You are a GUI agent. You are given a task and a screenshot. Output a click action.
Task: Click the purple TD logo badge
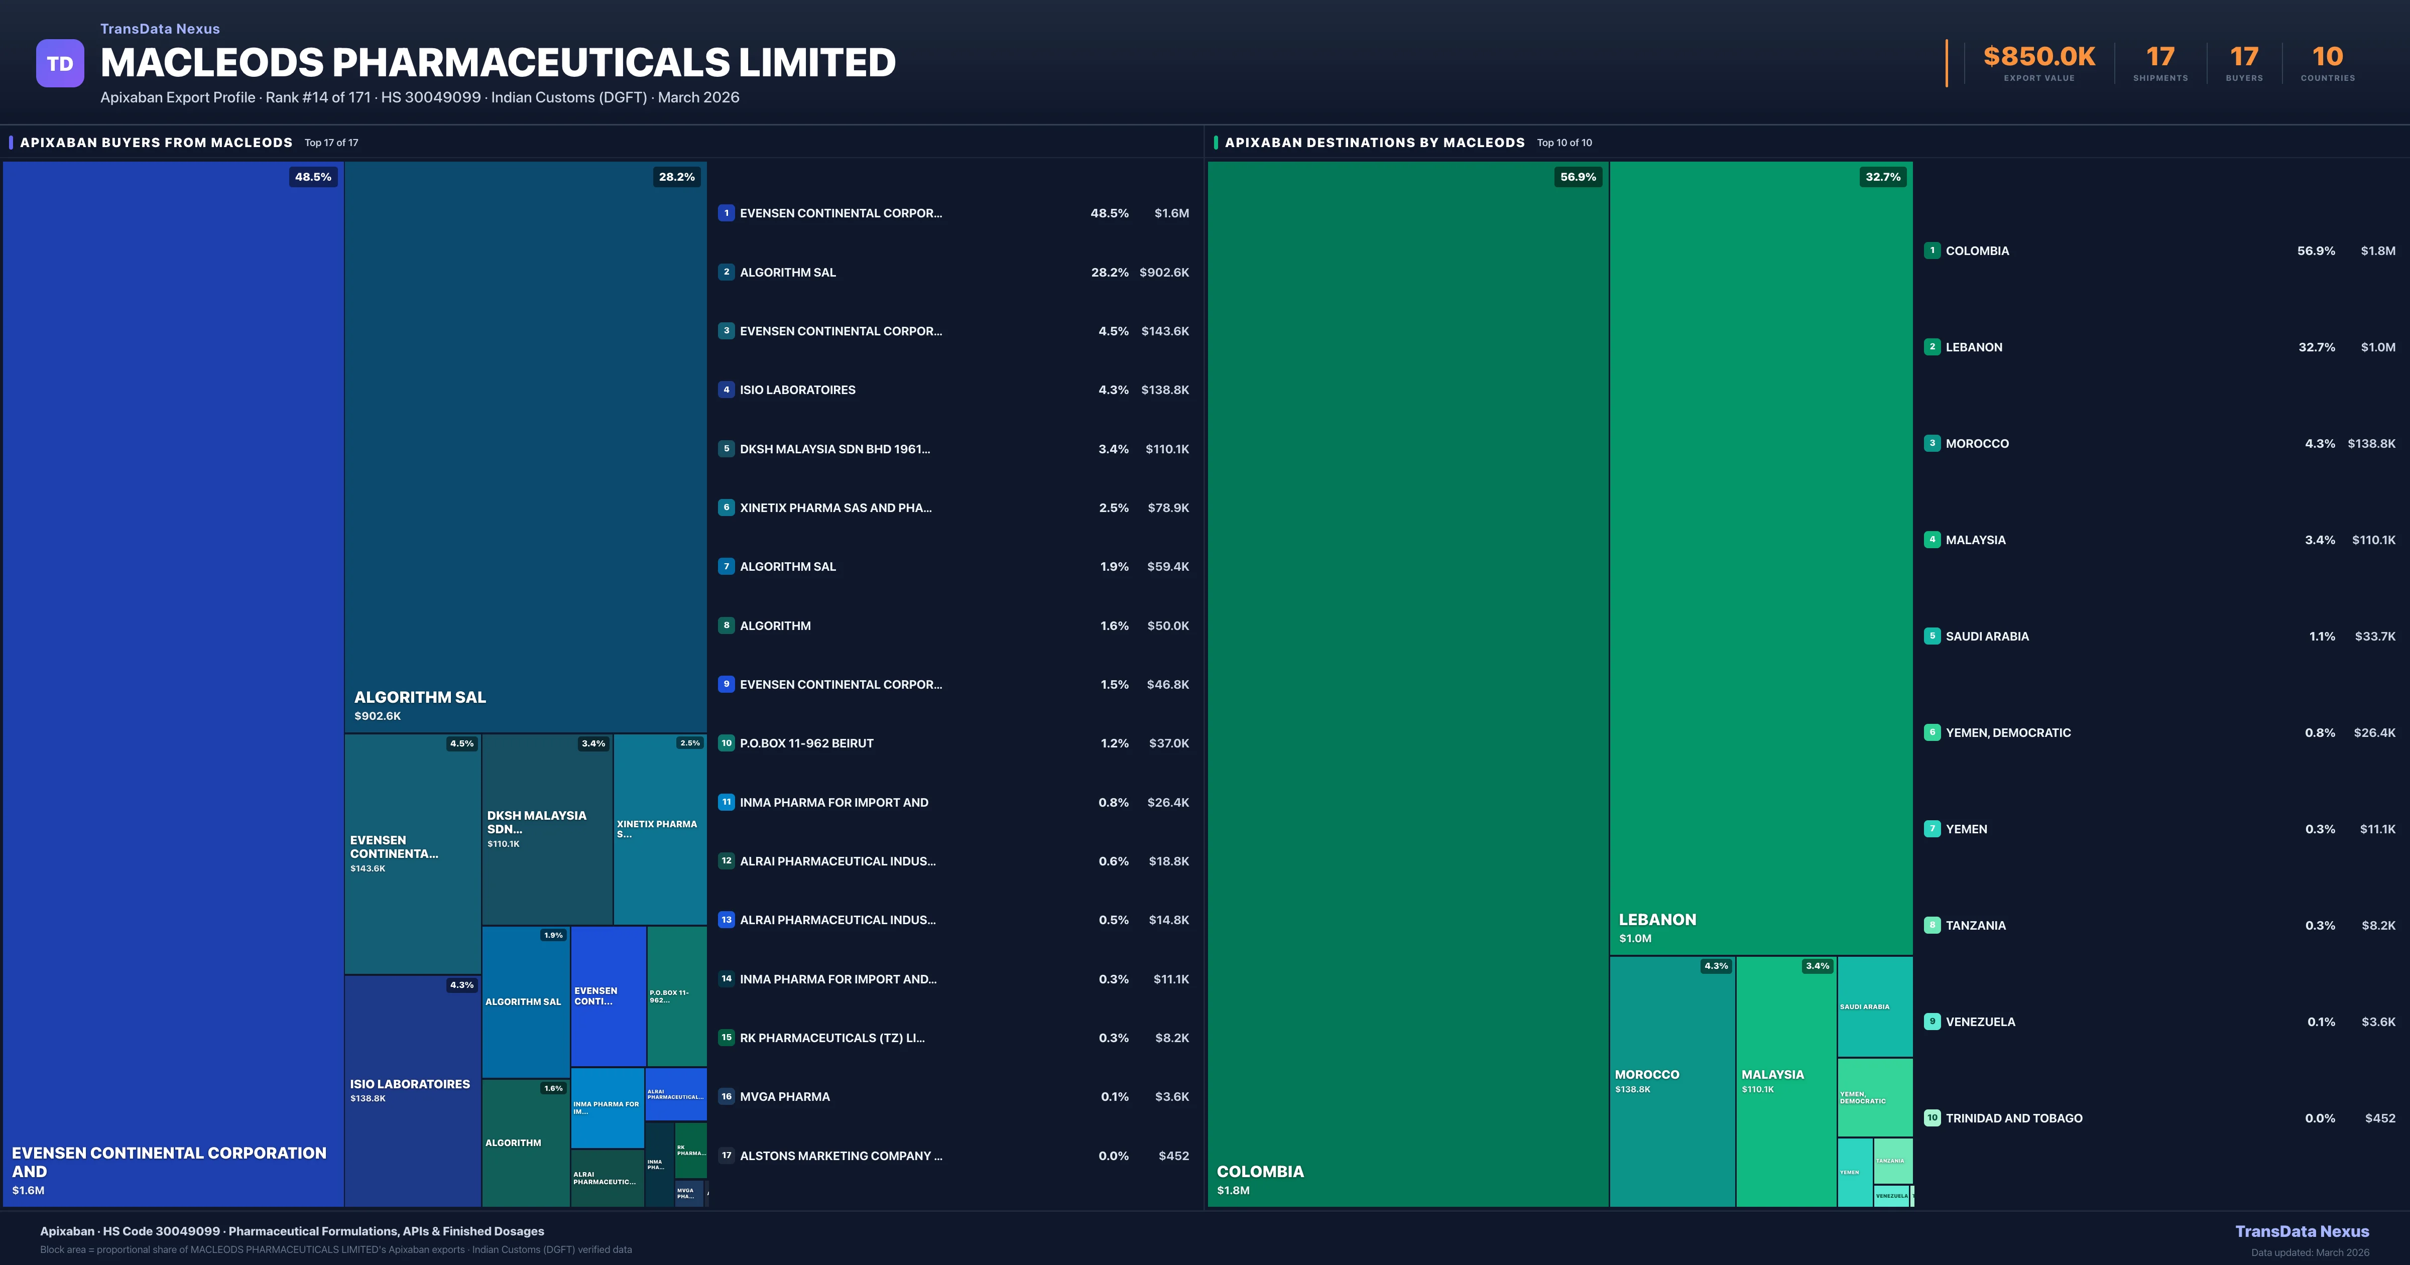pos(60,64)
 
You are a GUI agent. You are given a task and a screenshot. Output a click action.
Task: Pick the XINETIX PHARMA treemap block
pos(660,829)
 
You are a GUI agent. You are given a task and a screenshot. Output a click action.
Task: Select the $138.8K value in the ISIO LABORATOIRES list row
pos(1165,390)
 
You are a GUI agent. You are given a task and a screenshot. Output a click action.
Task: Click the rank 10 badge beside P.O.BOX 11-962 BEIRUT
pos(726,743)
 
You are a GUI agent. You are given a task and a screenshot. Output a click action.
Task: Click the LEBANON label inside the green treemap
pos(1657,920)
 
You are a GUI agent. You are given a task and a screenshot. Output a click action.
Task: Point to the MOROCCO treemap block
pos(1672,1081)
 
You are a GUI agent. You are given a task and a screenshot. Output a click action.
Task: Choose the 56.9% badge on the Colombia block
pos(1578,177)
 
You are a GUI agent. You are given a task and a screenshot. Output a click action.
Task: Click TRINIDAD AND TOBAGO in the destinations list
pos(2013,1118)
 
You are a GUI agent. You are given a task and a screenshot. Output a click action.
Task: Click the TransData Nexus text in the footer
pos(2302,1231)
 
